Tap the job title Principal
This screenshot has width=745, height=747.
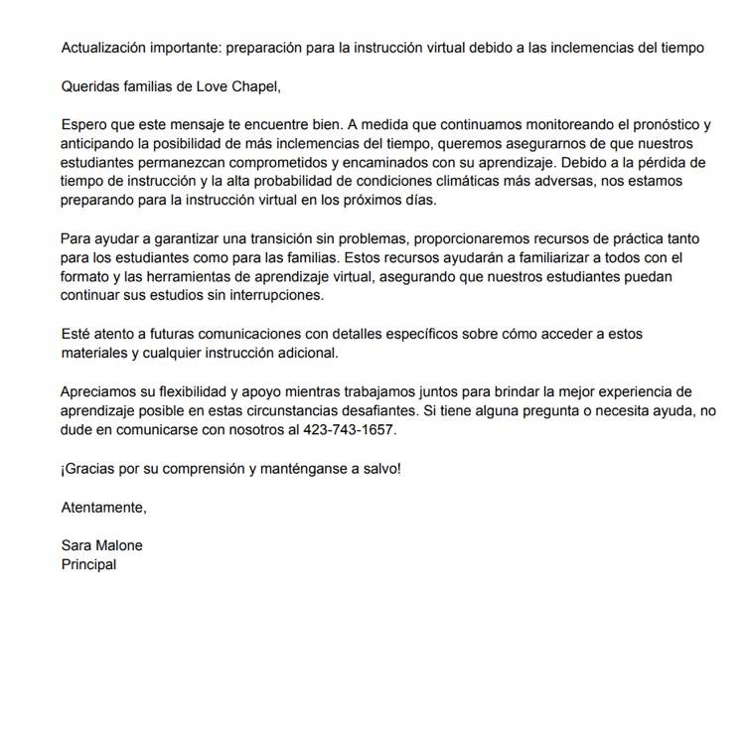pyautogui.click(x=88, y=564)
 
